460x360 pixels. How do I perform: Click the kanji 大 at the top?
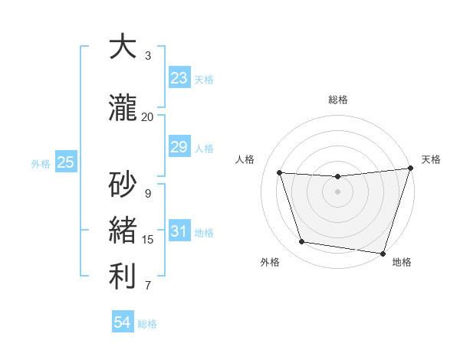point(123,47)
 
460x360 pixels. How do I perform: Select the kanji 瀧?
point(123,108)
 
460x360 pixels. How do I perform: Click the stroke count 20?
point(147,117)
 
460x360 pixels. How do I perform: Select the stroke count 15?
point(148,240)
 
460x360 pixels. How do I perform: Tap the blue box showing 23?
point(179,77)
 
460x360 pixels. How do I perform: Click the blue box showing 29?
point(179,147)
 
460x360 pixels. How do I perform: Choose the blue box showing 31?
point(179,232)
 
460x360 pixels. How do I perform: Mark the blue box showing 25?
point(66,162)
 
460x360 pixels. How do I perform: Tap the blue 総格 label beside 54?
point(147,324)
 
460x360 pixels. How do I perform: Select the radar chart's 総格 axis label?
point(337,100)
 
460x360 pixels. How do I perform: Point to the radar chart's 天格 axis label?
point(431,159)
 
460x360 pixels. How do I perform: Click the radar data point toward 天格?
point(410,169)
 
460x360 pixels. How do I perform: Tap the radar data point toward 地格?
point(383,253)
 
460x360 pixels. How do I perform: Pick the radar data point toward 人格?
point(280,173)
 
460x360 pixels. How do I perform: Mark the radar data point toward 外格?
point(302,242)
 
